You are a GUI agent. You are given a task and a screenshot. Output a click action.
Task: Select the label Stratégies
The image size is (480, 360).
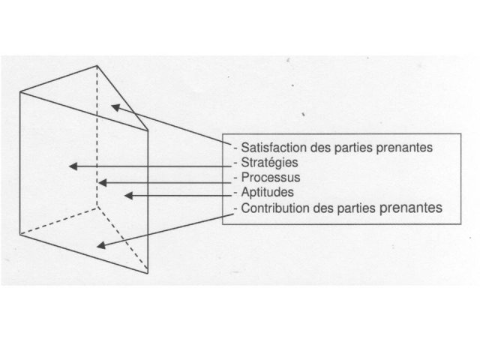click(269, 163)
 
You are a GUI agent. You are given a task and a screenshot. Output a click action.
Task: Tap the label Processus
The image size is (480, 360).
click(271, 177)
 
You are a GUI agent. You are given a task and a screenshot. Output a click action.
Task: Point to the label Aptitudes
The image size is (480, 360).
click(267, 192)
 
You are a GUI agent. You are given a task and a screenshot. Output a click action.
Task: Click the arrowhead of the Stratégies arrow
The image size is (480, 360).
click(73, 166)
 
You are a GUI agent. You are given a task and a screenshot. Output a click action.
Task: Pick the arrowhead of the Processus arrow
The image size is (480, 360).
click(103, 183)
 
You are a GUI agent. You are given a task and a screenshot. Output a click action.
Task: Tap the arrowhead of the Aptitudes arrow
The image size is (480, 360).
click(128, 195)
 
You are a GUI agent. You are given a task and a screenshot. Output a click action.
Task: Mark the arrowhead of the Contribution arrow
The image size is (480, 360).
click(101, 245)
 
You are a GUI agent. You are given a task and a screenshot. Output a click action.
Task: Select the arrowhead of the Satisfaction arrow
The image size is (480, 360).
click(115, 107)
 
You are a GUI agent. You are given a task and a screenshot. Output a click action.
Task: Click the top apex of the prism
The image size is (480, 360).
click(97, 66)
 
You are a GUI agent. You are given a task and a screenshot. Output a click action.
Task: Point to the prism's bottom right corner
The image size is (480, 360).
click(148, 273)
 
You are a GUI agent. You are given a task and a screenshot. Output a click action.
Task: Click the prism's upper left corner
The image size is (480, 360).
click(20, 91)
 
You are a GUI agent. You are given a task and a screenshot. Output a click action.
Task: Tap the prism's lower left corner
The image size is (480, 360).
click(20, 235)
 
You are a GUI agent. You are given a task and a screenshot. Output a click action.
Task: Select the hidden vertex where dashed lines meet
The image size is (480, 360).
click(97, 207)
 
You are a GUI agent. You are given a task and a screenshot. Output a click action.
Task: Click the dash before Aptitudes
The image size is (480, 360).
click(235, 193)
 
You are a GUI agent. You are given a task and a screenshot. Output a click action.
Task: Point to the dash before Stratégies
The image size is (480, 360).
click(235, 163)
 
